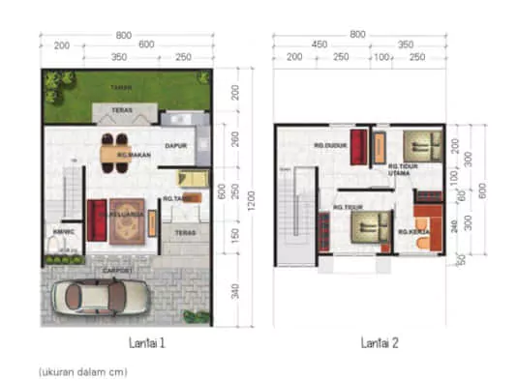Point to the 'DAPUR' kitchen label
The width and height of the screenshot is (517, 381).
point(176,146)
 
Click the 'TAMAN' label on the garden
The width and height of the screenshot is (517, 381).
point(121,87)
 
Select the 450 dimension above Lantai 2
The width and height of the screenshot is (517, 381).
point(319,44)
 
